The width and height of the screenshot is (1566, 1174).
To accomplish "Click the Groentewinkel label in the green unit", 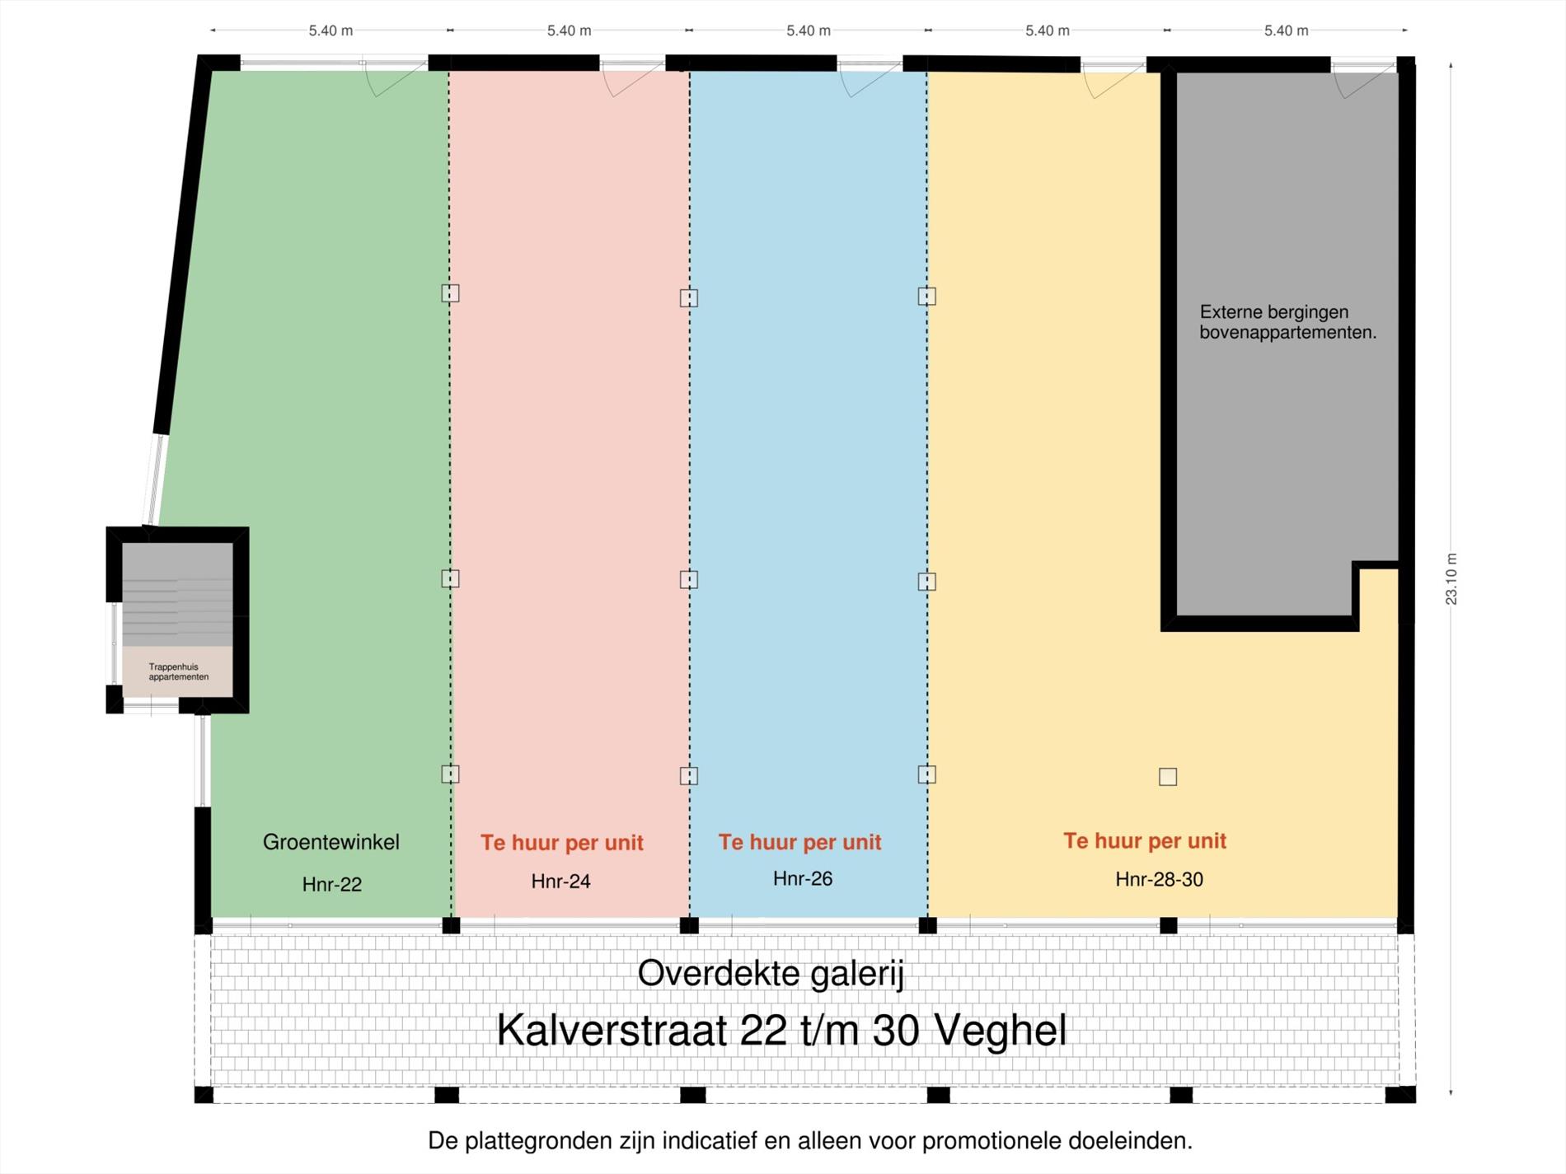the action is click(331, 842).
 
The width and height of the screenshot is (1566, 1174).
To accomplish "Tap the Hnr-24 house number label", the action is click(560, 882).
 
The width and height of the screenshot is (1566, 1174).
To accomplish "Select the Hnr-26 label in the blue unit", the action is click(802, 879).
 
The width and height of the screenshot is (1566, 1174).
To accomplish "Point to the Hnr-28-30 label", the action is click(1159, 880).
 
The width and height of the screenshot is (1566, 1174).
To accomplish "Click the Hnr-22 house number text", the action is click(331, 885).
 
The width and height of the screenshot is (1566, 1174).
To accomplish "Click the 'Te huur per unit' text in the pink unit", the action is click(561, 843).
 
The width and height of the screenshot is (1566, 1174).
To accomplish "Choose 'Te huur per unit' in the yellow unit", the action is click(1144, 841).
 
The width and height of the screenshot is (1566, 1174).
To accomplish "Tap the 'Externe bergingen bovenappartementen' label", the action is click(1287, 322).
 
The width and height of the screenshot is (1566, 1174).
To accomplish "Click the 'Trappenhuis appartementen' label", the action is click(178, 672).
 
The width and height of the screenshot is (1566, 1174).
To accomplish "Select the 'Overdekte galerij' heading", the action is click(771, 974).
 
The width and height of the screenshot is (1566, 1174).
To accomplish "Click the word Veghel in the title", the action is click(1001, 1030).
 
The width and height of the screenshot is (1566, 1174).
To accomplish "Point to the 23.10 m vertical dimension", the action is click(1451, 579).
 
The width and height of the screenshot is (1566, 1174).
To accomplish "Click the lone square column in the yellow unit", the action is click(1168, 777).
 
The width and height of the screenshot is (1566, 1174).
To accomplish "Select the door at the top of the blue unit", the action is click(870, 79).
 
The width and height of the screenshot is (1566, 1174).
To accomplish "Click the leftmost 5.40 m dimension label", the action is click(331, 30).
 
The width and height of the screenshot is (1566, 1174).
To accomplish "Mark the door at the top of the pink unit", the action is click(633, 79).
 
